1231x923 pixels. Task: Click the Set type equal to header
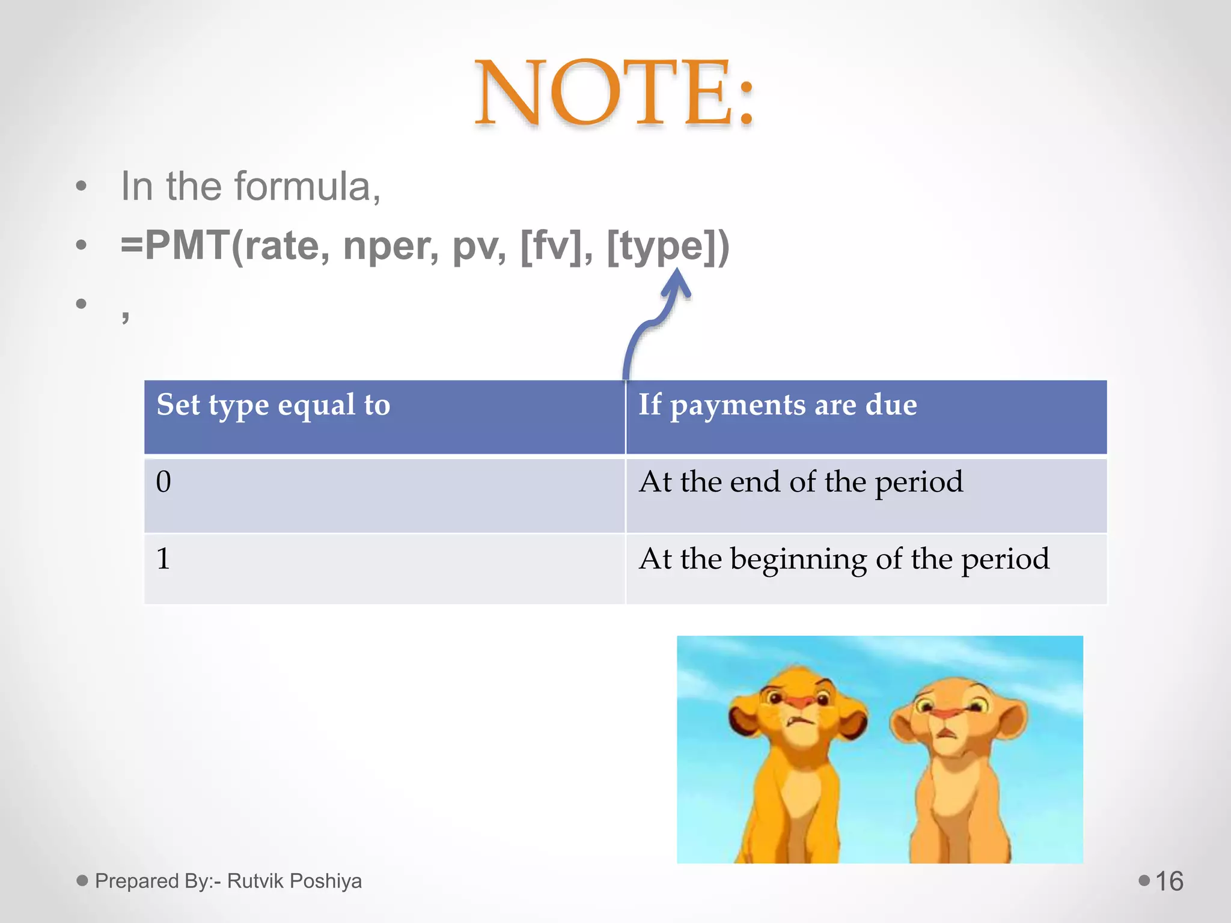[x=273, y=405]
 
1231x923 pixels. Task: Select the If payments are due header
[x=777, y=405]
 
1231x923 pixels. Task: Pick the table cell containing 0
[x=385, y=495]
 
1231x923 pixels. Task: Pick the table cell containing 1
[x=385, y=568]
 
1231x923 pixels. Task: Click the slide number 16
[x=1169, y=882]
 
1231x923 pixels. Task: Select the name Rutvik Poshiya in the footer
[x=295, y=881]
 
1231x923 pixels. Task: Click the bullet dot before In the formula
[x=82, y=186]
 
